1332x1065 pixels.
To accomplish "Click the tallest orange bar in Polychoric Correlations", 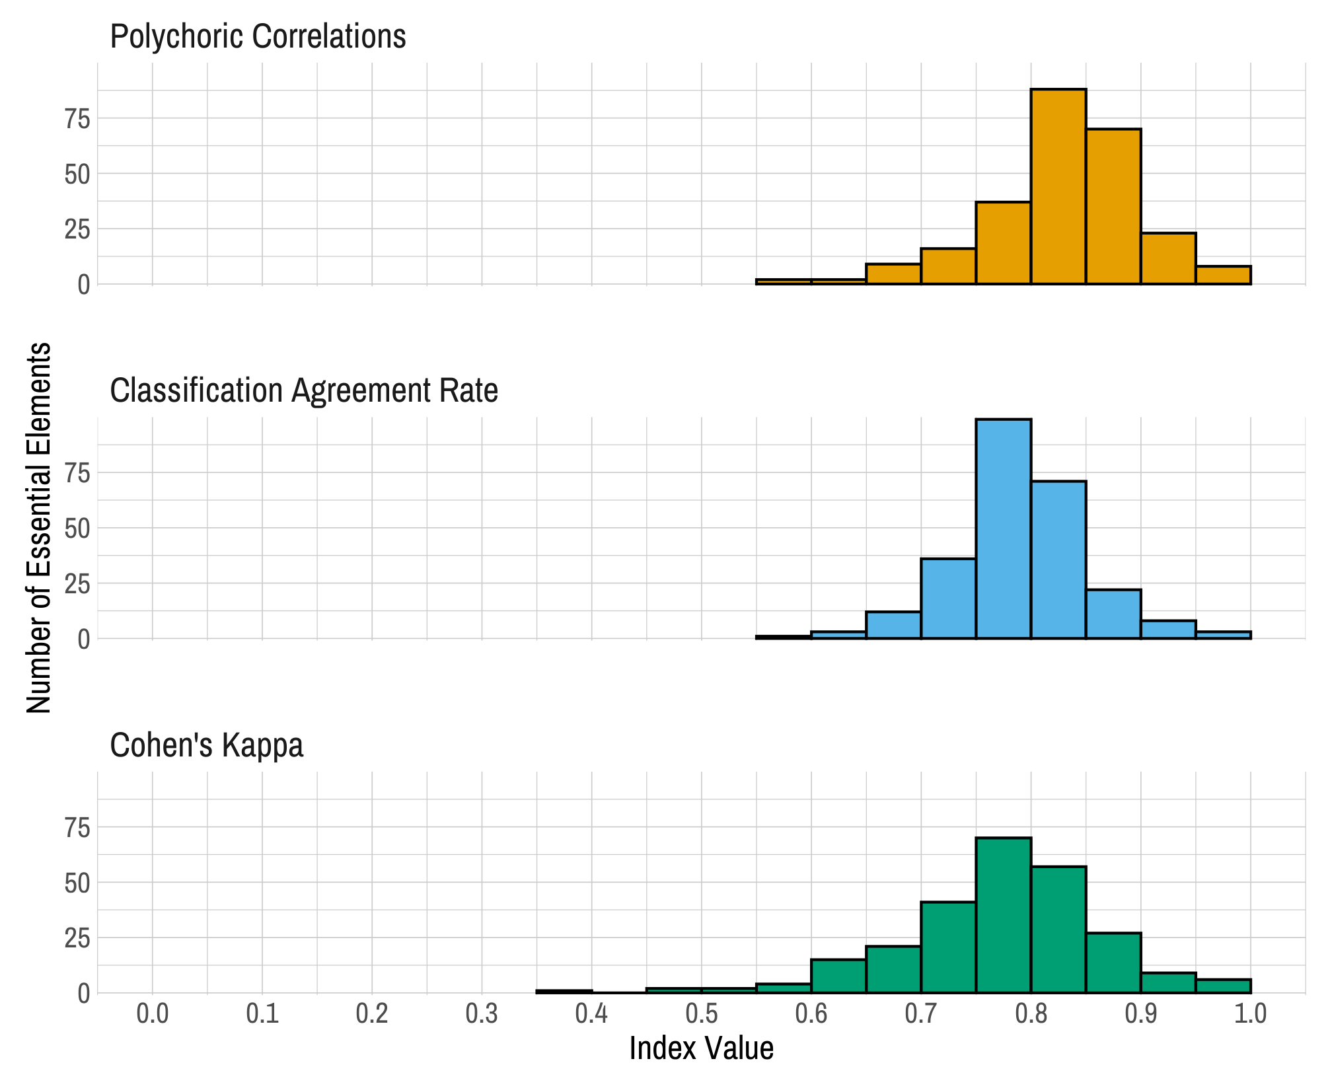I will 1058,187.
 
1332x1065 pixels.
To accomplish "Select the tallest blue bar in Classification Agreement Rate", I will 1003,529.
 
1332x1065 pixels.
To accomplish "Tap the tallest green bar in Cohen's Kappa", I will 1003,915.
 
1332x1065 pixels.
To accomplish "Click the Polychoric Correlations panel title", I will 258,36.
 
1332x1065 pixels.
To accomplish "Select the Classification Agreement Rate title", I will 304,390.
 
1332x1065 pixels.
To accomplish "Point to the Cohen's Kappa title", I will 207,745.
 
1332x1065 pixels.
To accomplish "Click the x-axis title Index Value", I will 701,1048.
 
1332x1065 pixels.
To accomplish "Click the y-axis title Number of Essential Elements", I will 39,527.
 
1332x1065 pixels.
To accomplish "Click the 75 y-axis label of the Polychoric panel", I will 77,119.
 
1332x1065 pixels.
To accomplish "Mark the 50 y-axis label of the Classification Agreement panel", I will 77,529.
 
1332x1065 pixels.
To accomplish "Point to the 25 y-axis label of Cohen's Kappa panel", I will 77,938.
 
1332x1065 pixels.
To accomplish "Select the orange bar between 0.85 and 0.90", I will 1113,207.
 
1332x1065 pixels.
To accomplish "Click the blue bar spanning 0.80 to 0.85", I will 1058,560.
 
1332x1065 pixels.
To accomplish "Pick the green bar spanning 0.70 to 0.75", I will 948,947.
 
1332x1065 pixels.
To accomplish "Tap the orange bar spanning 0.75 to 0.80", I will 1003,243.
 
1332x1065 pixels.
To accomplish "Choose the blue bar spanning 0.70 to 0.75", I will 948,599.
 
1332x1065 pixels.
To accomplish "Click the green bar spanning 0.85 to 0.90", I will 1113,963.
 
